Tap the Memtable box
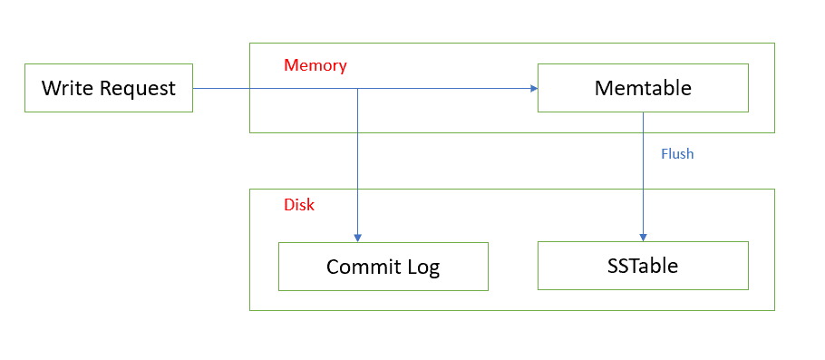click(x=643, y=88)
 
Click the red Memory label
click(x=315, y=65)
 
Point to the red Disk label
click(x=299, y=205)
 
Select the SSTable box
click(x=643, y=266)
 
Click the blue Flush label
click(x=676, y=153)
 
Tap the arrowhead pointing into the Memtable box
click(x=533, y=88)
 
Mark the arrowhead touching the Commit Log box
click(x=358, y=238)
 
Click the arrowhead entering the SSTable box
click(x=644, y=237)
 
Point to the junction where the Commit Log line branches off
click(x=358, y=88)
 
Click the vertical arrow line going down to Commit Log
click(x=358, y=163)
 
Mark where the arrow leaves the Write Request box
click(x=193, y=88)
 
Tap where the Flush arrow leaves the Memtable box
click(x=644, y=112)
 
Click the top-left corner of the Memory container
click(x=250, y=44)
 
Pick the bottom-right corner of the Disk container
click(x=774, y=310)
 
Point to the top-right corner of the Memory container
click(x=774, y=44)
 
